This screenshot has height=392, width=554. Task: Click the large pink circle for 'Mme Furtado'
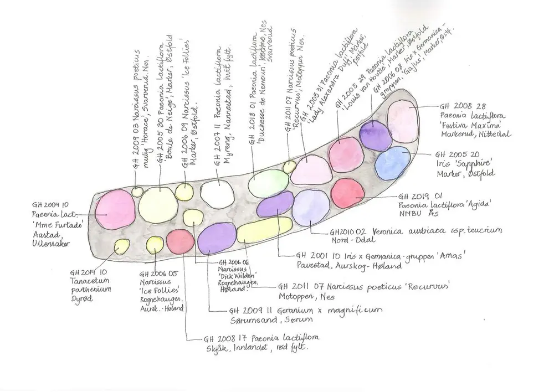[x=115, y=209]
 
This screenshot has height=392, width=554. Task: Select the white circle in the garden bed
[x=216, y=192]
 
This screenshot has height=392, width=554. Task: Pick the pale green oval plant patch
[x=268, y=183]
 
